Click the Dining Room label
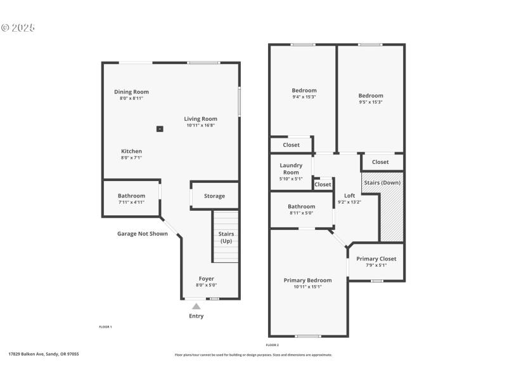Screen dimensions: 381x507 click(131, 92)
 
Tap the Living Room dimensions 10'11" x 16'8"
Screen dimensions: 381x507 click(200, 126)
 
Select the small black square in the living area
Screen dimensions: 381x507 click(160, 129)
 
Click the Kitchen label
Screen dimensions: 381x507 click(131, 151)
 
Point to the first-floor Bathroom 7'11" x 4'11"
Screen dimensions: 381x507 click(131, 199)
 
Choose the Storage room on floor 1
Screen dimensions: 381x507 click(214, 196)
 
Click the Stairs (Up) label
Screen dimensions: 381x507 click(226, 237)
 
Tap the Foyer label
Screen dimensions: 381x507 click(206, 279)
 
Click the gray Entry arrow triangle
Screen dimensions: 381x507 click(196, 307)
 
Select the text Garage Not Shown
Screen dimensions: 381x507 click(143, 234)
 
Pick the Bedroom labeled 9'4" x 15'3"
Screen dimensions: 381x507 click(304, 93)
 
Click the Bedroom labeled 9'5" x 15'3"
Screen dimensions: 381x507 click(371, 98)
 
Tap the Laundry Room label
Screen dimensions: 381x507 click(291, 169)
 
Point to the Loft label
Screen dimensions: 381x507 click(349, 196)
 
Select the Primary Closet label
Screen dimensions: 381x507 click(376, 259)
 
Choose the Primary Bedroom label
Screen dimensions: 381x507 click(307, 280)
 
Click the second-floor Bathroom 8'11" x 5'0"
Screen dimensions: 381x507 click(301, 210)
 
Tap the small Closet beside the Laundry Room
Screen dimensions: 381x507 click(323, 184)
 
